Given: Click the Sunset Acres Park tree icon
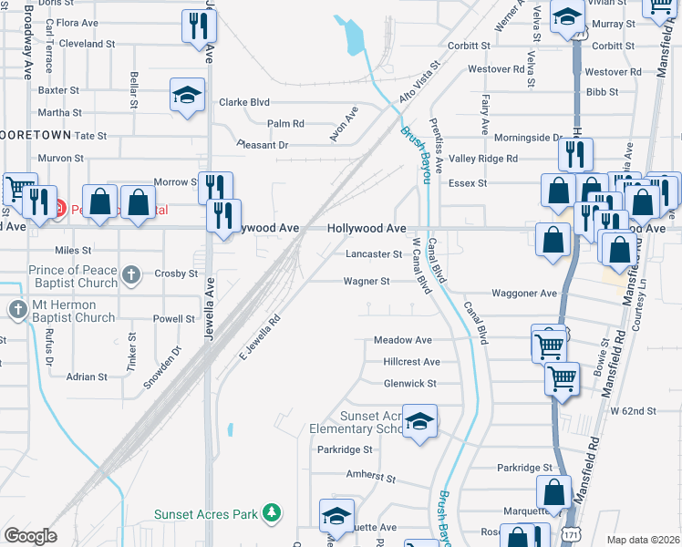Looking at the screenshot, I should coord(271,514).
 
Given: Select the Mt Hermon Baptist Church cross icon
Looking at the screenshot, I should coord(18,310).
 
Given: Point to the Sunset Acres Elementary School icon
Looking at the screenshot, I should coord(419,421).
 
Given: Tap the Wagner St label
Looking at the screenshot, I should coord(367,282).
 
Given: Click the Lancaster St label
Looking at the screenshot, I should coord(373,254).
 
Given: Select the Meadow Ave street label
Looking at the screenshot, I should coord(403,340).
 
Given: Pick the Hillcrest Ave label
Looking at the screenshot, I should coord(412,362).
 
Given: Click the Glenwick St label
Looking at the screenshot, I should coord(410,384).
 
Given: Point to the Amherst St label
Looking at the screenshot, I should coord(370,476).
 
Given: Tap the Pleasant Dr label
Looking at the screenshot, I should coord(262,145).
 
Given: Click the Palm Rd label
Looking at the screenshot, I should coord(285,123).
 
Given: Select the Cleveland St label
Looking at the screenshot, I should coord(87,44).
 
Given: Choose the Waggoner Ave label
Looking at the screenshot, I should coord(524,294).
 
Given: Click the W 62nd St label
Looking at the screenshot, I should coord(634,411).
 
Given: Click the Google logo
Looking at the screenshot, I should coord(31,536).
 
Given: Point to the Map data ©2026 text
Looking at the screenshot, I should coord(642,540).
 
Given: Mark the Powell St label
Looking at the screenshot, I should coord(173,319).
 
